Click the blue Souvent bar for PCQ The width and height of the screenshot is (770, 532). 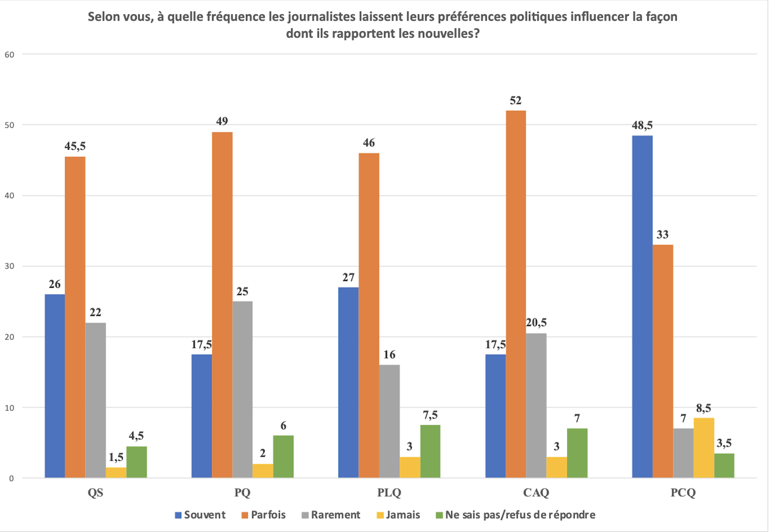pyautogui.click(x=642, y=307)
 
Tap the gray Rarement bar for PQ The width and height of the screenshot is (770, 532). pyautogui.click(x=242, y=389)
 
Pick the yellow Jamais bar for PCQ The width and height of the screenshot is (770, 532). pyautogui.click(x=704, y=448)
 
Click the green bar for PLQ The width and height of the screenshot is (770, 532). pyautogui.click(x=430, y=451)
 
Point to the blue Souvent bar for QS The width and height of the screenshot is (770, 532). pyautogui.click(x=55, y=386)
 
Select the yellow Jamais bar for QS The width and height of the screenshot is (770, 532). pyautogui.click(x=116, y=473)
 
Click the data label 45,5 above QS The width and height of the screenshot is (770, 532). pyautogui.click(x=75, y=146)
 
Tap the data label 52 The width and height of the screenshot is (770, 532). pyautogui.click(x=515, y=100)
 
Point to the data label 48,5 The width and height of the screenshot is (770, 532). pyautogui.click(x=642, y=125)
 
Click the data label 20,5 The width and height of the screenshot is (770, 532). pyautogui.click(x=536, y=323)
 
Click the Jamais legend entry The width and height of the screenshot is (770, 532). pyautogui.click(x=403, y=515)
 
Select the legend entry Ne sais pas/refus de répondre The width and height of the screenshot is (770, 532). pyautogui.click(x=520, y=515)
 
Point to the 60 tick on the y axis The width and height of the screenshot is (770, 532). pyautogui.click(x=9, y=55)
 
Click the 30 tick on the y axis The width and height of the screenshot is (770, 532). pyautogui.click(x=9, y=266)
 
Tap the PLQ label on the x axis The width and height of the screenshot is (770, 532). pyautogui.click(x=389, y=493)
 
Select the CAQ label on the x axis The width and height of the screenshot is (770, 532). pyautogui.click(x=536, y=493)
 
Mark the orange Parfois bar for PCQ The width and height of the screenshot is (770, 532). pyautogui.click(x=663, y=361)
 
